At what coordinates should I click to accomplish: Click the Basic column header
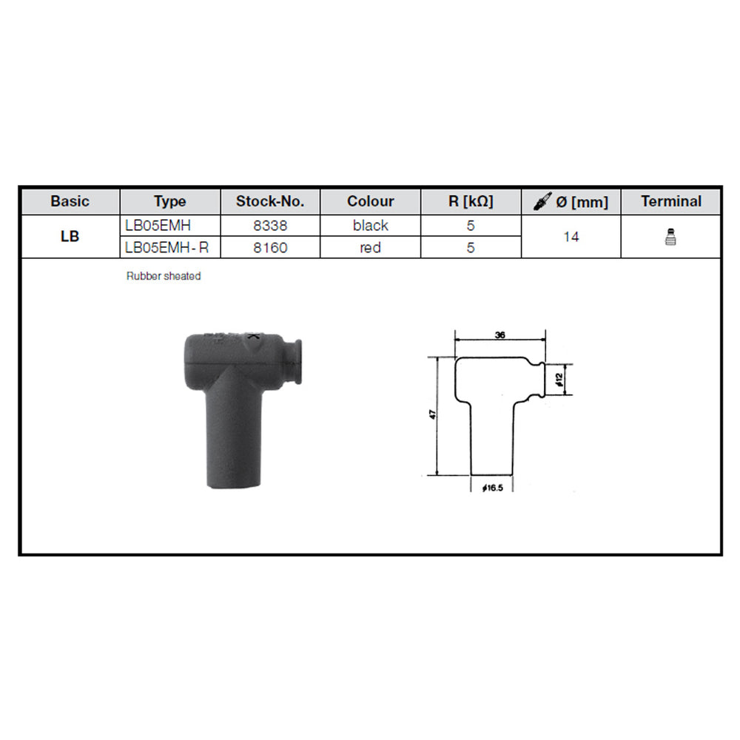(70, 201)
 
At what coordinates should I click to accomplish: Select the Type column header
(170, 201)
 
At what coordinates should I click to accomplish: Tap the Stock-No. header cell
(270, 201)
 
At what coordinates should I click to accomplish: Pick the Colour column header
(371, 201)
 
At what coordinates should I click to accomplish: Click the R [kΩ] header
(471, 201)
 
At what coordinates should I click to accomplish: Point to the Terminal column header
(671, 201)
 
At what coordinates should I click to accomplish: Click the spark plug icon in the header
(542, 201)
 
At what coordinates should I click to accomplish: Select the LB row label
(70, 237)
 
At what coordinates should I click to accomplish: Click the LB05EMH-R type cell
(166, 247)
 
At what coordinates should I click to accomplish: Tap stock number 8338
(270, 226)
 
